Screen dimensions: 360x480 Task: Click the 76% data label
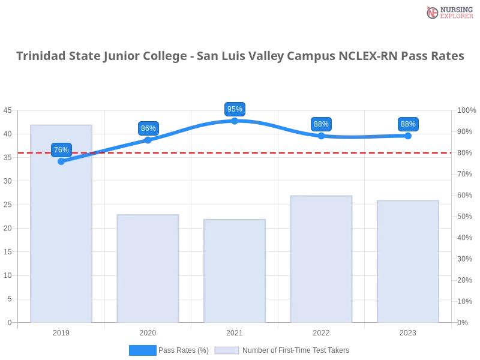(x=61, y=150)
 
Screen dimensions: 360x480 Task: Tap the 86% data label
(x=148, y=128)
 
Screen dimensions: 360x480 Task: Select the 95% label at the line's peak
(x=235, y=109)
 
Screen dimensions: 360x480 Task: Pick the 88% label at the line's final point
(x=408, y=124)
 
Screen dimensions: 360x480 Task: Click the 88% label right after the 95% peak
(x=321, y=124)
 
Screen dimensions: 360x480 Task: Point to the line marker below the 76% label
(x=61, y=161)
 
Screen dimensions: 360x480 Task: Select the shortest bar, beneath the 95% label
(x=235, y=270)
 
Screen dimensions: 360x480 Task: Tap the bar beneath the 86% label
(x=148, y=267)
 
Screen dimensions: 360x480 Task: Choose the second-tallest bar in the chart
(x=321, y=258)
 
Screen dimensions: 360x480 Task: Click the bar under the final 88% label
(x=407, y=261)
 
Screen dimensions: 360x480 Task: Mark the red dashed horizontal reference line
(x=240, y=152)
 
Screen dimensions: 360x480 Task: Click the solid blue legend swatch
(x=142, y=350)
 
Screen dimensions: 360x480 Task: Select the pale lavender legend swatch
(x=227, y=350)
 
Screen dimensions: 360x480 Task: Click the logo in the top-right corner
(x=448, y=12)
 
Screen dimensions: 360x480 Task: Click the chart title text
(x=240, y=56)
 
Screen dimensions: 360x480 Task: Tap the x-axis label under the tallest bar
(x=62, y=331)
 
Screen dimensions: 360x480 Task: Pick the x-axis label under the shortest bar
(x=235, y=331)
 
